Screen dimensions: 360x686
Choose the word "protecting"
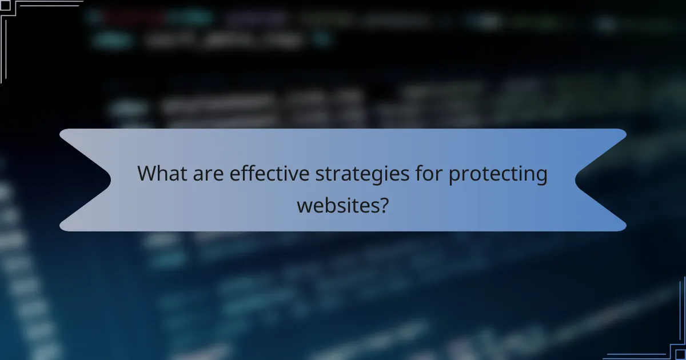tap(497, 174)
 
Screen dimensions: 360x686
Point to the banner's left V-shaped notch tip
tap(110, 180)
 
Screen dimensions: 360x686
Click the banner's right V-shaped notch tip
tap(576, 180)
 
